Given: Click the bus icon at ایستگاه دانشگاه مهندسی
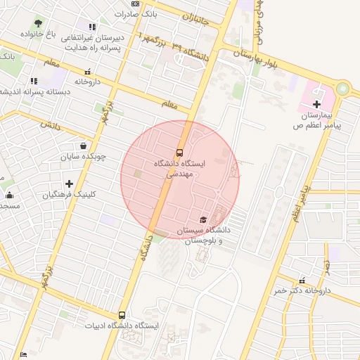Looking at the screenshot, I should click(179, 152).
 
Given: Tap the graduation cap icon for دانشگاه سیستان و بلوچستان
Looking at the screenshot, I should click(204, 220).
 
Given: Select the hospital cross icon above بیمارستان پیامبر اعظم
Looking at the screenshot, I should click(316, 104).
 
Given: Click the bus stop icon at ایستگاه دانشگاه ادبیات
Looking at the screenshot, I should click(122, 316).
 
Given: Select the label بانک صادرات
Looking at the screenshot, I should click(134, 14).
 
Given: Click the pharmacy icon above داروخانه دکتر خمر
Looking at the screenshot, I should click(302, 280).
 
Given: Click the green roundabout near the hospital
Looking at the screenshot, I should click(342, 89).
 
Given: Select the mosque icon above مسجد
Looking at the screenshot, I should click(9, 195).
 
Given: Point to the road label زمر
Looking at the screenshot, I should click(327, 265).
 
